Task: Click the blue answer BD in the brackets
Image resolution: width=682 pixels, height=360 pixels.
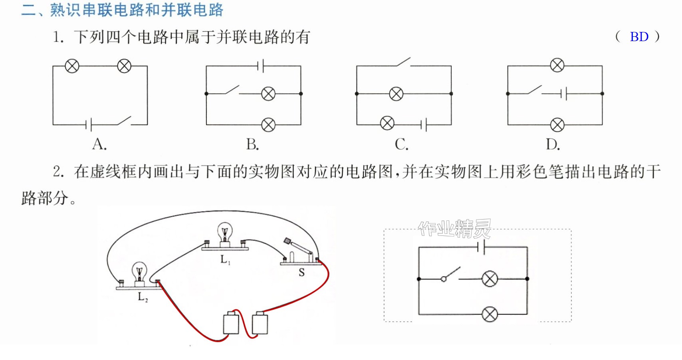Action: click(639, 37)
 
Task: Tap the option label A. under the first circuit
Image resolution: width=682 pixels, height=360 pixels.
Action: click(99, 144)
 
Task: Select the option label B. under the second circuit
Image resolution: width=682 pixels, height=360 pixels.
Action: click(252, 144)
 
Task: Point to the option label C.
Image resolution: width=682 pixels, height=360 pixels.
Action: click(401, 144)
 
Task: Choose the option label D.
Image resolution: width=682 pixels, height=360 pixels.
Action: click(553, 144)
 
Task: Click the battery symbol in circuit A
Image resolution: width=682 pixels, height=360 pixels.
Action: click(89, 125)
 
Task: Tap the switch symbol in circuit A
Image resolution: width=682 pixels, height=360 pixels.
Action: click(124, 121)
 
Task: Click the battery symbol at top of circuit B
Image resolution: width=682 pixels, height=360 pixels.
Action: click(260, 65)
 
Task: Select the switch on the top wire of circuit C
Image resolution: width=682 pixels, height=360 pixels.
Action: click(404, 62)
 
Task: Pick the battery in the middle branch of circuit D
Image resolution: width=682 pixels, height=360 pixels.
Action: click(563, 94)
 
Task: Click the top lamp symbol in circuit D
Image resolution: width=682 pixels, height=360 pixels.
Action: click(557, 65)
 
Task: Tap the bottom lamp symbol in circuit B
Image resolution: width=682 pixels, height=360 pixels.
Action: click(268, 125)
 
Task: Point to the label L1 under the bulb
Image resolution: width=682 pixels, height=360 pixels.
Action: click(225, 259)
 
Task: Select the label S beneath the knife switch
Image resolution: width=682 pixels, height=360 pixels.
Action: click(302, 272)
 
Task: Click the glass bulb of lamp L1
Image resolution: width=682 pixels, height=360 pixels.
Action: click(225, 232)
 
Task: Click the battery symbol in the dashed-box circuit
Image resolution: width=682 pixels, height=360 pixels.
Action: click(482, 247)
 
